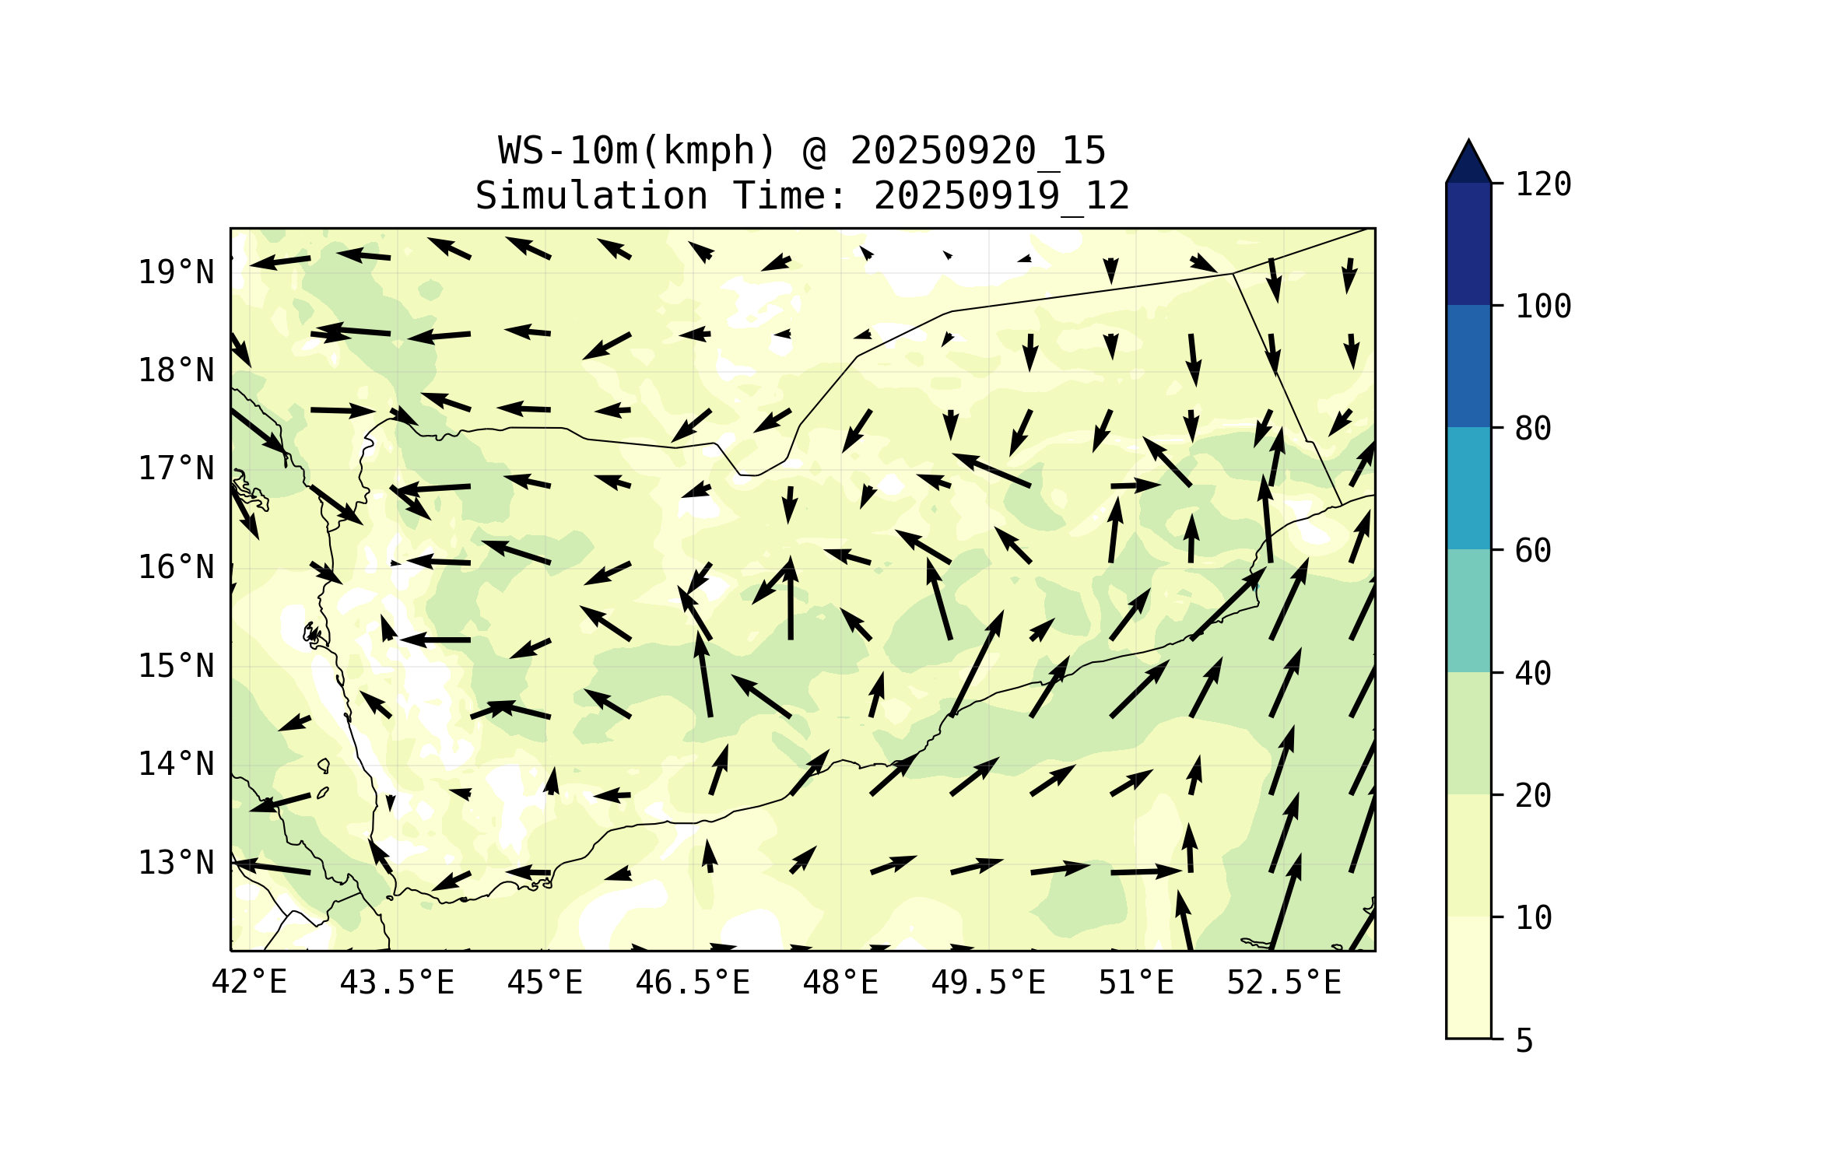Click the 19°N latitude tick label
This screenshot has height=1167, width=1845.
click(176, 272)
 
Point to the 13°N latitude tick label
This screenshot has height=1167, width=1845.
click(176, 863)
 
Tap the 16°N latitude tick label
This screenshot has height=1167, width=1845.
click(176, 567)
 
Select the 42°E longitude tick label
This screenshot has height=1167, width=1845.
click(249, 983)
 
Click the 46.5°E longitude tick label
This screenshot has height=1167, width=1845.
click(693, 983)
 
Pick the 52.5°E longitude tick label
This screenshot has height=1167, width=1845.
click(1284, 983)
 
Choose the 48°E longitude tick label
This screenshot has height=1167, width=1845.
click(840, 983)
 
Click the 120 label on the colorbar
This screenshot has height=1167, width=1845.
click(1543, 184)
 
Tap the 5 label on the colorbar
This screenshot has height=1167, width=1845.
click(1524, 1041)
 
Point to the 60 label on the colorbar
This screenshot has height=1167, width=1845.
click(1533, 551)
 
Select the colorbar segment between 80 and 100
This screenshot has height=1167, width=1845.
click(1468, 366)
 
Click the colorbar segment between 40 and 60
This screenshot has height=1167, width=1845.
click(1468, 610)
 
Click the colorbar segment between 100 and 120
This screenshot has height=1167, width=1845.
click(1468, 244)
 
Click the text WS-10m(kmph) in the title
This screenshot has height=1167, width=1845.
click(637, 151)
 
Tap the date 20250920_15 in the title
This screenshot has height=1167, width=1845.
click(977, 151)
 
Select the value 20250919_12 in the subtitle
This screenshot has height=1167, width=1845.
click(1001, 196)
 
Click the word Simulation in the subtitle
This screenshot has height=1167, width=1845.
click(591, 196)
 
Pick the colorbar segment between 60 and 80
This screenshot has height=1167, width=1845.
click(1468, 488)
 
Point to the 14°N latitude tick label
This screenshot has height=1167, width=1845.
click(176, 764)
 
